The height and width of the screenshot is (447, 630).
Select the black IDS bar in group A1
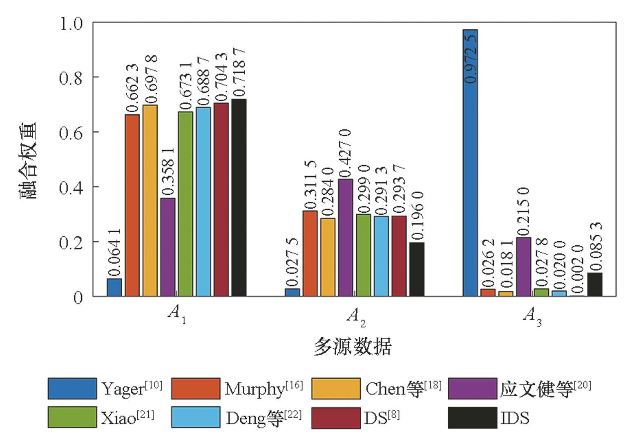(239, 198)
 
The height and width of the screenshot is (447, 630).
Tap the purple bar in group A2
(346, 238)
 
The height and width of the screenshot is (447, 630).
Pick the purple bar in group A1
(168, 247)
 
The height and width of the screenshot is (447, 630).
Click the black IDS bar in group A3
(595, 285)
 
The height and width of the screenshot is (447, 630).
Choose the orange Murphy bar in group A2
(310, 253)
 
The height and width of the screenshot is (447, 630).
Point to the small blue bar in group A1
(114, 287)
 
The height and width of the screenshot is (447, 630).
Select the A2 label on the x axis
(356, 317)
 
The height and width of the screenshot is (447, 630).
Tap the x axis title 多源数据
(353, 347)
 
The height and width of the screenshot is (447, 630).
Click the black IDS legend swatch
(472, 418)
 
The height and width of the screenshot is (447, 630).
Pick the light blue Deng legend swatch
(196, 417)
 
